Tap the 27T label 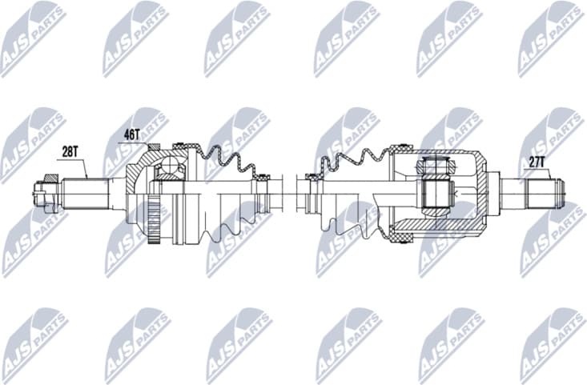click(536, 162)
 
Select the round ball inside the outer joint click(170, 168)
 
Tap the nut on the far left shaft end click(40, 192)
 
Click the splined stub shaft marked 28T click(84, 192)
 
